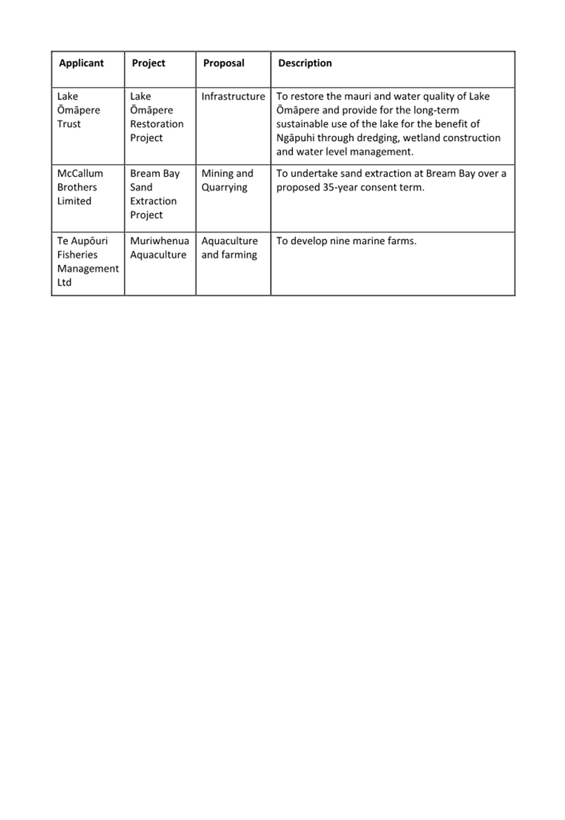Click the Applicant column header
[x=81, y=63]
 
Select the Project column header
[x=149, y=63]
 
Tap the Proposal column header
[x=224, y=63]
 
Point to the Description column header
[x=305, y=63]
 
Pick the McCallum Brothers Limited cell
[x=80, y=187]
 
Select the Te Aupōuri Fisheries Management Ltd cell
[x=88, y=262]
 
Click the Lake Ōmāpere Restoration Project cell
[x=157, y=117]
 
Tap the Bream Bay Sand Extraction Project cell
[x=155, y=194]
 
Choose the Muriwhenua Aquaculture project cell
[x=159, y=248]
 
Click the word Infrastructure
[x=233, y=97]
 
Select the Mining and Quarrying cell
[x=227, y=180]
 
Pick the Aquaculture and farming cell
[x=230, y=248]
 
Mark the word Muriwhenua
[x=159, y=241]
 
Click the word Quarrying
[x=224, y=187]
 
